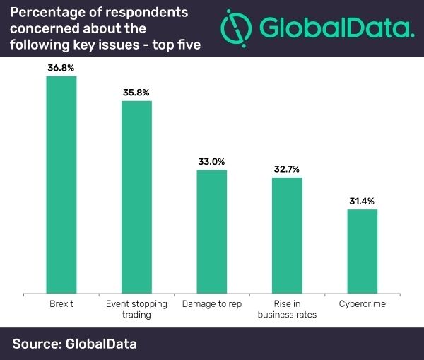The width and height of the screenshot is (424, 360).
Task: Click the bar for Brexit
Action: pos(61,184)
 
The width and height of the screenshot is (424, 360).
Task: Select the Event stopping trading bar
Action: pos(136,196)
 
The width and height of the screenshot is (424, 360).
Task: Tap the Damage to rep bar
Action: pos(211,231)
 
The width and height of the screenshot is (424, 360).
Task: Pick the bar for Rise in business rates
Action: pos(287,234)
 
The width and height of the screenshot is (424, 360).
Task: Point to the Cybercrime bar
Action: pos(362,250)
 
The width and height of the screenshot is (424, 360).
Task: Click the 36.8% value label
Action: pos(61,68)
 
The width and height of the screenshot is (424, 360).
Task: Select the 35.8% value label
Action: pos(136,93)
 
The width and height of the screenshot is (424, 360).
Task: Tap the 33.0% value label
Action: pos(211,162)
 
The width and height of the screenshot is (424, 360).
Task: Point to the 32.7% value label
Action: pos(287,170)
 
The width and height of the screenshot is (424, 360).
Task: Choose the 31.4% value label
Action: pos(362,202)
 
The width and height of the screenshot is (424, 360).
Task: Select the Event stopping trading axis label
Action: pos(136,308)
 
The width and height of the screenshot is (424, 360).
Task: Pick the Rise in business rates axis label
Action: pos(287,308)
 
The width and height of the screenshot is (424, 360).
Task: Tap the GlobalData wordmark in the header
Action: pos(336,29)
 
